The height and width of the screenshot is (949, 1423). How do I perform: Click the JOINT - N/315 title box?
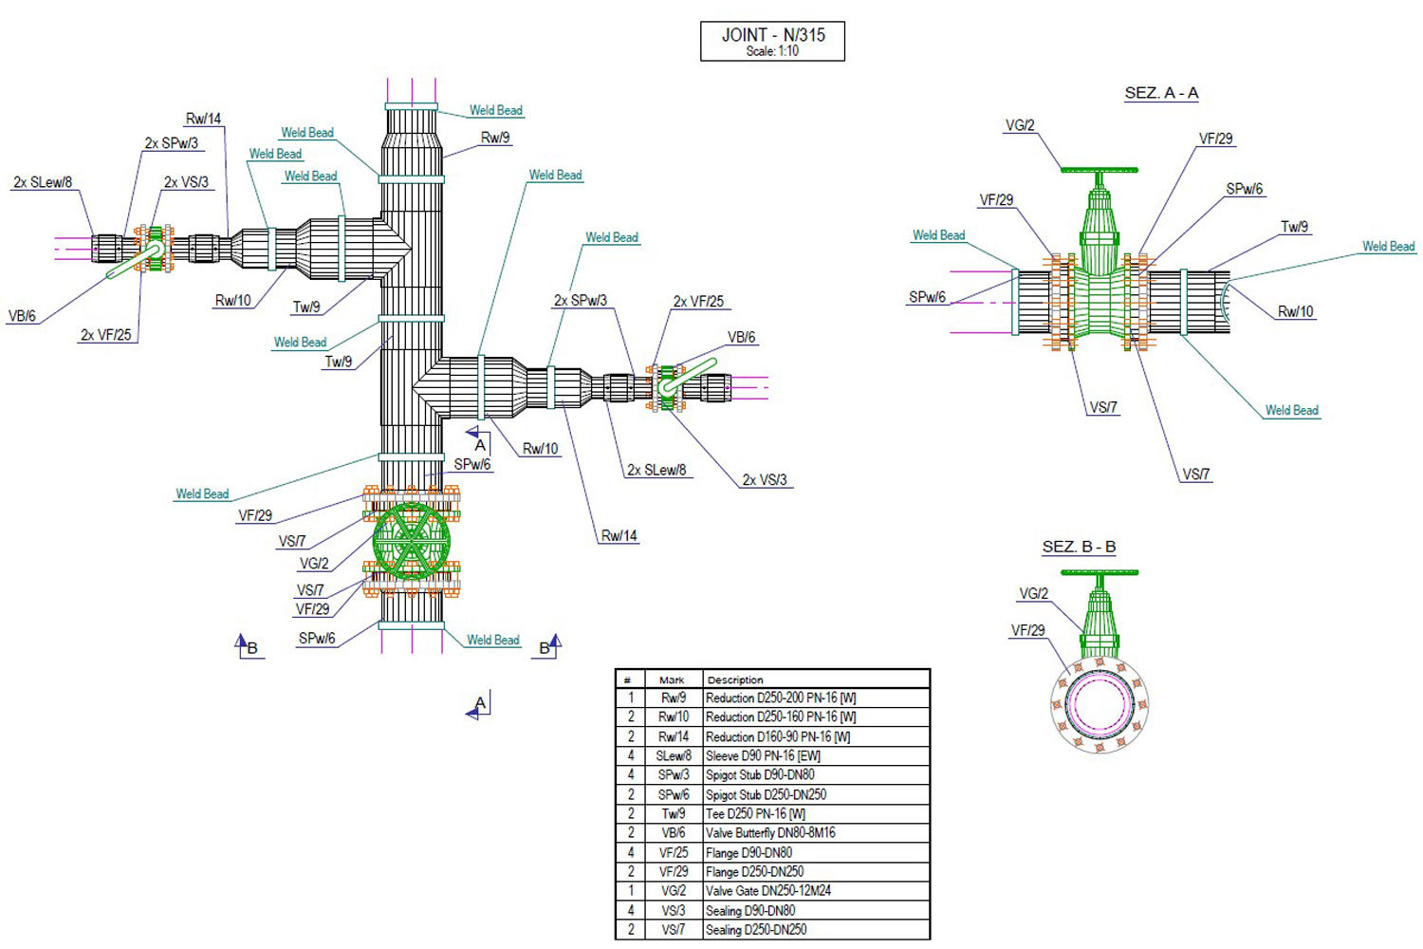coord(772,41)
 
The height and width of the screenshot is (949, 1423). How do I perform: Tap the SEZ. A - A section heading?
coord(1161,93)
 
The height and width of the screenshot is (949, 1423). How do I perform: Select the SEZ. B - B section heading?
coord(1079,547)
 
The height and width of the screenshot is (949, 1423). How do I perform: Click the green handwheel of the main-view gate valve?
coord(411,540)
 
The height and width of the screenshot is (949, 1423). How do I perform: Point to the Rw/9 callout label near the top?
coord(495,138)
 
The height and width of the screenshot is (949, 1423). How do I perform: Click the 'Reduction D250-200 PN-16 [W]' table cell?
coord(781,698)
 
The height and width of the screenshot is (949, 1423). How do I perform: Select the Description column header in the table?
coord(735,679)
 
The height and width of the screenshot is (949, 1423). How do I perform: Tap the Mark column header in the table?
coord(672,679)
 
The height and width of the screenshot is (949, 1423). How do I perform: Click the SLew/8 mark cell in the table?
coord(673,756)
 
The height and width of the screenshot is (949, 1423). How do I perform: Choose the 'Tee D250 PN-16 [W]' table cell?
coord(756,814)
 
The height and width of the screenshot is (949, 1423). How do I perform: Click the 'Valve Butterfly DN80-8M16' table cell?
coord(770,833)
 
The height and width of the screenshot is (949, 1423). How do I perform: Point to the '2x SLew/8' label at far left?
coord(43,182)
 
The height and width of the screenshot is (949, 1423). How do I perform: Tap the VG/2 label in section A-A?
coord(1020,125)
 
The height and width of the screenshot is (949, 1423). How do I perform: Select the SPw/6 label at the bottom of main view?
coord(317,639)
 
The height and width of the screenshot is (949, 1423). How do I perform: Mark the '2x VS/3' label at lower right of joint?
coord(765,480)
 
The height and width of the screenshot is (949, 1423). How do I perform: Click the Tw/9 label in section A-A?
coord(1294,227)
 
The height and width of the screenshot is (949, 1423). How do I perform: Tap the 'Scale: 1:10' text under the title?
coord(772,51)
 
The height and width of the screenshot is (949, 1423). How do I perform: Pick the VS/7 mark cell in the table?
coord(673,930)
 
